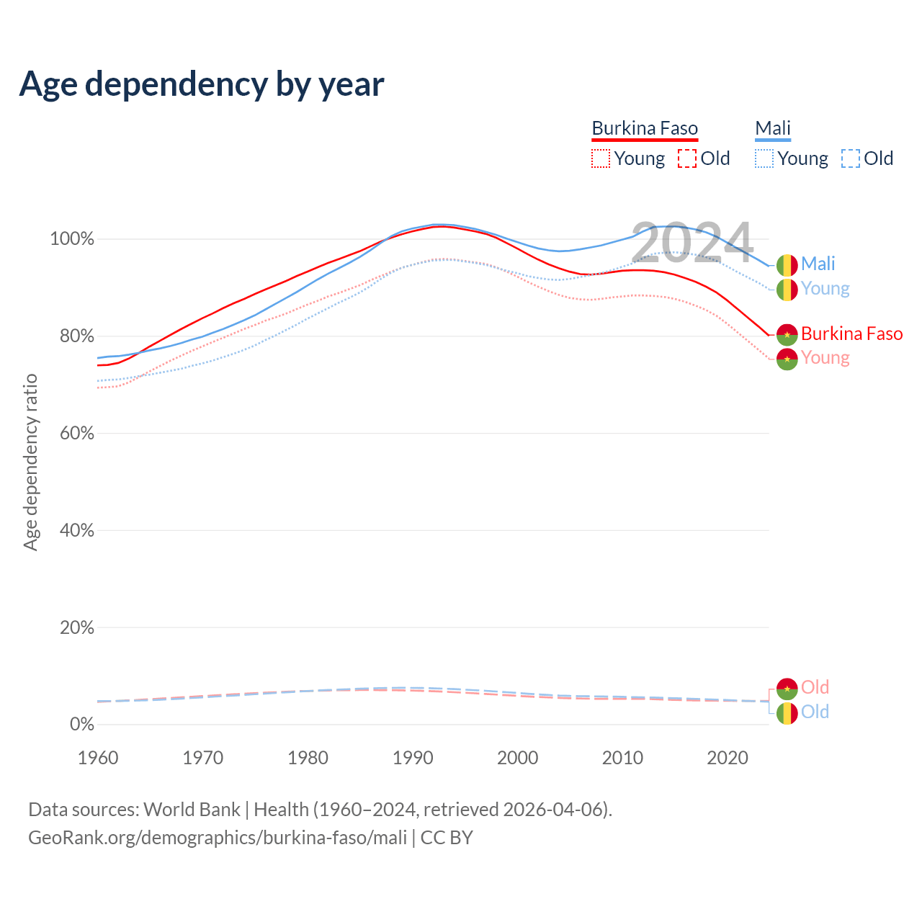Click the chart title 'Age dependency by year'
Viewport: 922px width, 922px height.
coord(202,84)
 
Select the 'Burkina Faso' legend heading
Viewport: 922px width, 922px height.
coord(645,128)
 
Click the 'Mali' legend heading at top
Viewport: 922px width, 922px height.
coord(773,128)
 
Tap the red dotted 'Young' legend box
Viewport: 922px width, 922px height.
coord(600,158)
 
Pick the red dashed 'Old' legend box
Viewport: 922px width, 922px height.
coord(687,158)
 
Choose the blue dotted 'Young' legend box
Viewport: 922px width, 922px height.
coord(764,158)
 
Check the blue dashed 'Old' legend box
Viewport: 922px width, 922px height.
coord(851,158)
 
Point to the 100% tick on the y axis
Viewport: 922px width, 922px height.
coord(72,239)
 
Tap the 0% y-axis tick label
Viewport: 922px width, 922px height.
coord(81,725)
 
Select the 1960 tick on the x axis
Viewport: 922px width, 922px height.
coord(98,758)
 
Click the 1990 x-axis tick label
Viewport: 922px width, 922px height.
coord(413,758)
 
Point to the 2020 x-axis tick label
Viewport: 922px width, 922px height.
coord(728,758)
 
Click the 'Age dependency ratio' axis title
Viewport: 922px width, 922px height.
coord(30,462)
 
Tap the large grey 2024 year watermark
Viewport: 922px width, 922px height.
coord(692,243)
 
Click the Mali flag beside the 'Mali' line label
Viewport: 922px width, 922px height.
coord(787,265)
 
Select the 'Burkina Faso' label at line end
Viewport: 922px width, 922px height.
coord(851,334)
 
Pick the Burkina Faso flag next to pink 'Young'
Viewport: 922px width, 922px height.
coord(787,359)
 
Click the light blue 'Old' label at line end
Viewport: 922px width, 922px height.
coord(815,712)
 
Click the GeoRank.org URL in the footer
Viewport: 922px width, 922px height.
coord(218,838)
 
